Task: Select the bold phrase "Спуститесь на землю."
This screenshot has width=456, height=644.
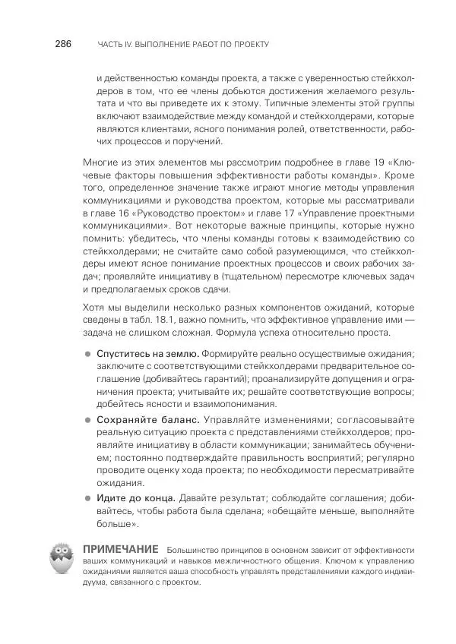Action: [x=147, y=354]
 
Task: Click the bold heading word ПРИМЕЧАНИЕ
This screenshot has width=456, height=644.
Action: [x=119, y=549]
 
